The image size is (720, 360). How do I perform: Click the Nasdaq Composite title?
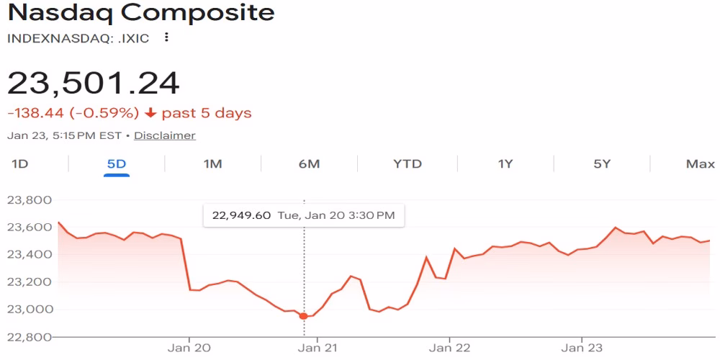[x=140, y=13]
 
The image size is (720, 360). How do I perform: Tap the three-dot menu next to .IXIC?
[x=166, y=37]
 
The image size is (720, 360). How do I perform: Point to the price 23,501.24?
[x=94, y=83]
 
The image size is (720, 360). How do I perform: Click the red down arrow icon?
[x=150, y=113]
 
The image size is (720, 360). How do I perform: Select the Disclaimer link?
[x=164, y=135]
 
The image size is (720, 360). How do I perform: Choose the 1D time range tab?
[x=19, y=163]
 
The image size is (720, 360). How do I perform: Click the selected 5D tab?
[x=116, y=163]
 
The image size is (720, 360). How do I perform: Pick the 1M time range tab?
[x=212, y=163]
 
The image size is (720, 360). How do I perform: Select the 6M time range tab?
[x=309, y=163]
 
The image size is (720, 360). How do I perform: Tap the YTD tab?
[x=407, y=163]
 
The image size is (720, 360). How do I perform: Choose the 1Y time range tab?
[x=505, y=163]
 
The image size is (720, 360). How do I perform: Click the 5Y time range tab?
[x=602, y=163]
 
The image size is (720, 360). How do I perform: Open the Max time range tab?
[x=700, y=163]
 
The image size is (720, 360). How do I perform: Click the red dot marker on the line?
[x=303, y=316]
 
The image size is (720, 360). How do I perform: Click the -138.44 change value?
[x=34, y=113]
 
